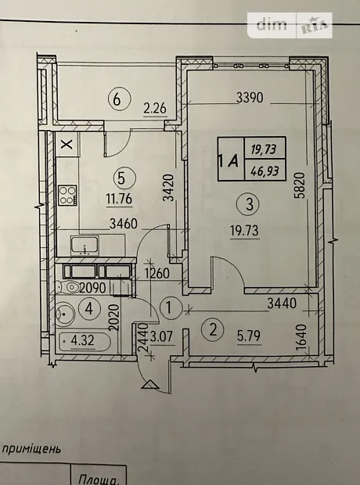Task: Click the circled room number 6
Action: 119,99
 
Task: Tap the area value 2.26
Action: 155,109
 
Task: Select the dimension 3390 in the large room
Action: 250,98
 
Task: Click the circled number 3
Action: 250,204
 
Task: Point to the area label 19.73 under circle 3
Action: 244,231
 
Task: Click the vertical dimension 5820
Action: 300,185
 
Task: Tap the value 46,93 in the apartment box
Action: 265,170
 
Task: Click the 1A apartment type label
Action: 229,161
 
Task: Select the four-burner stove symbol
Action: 68,195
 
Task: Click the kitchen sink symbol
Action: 85,246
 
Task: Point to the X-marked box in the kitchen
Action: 67,144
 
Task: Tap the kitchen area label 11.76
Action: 119,199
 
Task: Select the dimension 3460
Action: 124,224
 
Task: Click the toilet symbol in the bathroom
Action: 67,287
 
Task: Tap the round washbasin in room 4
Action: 65,314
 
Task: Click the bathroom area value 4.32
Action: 82,341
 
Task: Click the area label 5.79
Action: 249,336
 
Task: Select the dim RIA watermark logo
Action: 290,25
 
